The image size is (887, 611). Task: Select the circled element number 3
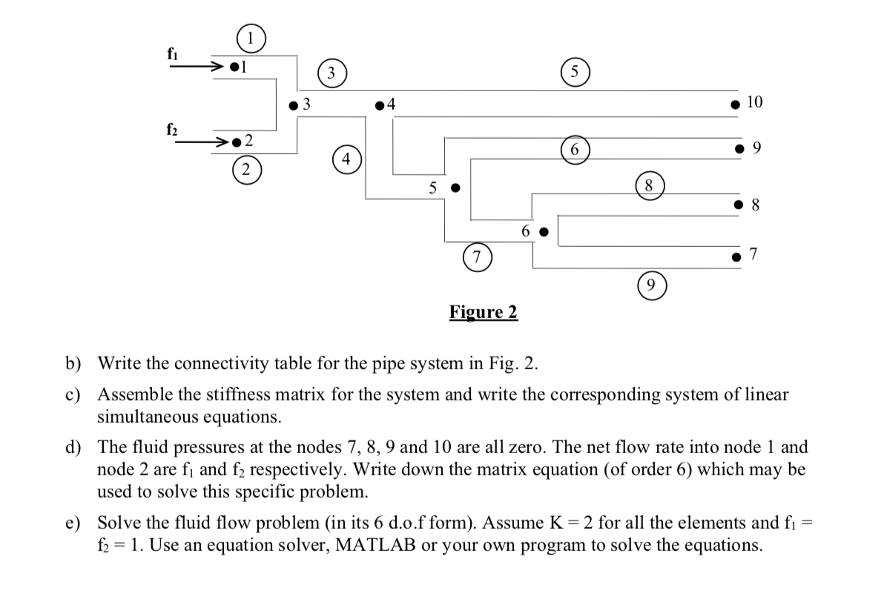coord(332,73)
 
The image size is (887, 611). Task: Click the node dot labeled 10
coord(735,105)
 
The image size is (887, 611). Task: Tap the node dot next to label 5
coord(457,188)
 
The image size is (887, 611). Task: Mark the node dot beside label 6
coord(544,231)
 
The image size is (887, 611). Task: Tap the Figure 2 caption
coord(483,312)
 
